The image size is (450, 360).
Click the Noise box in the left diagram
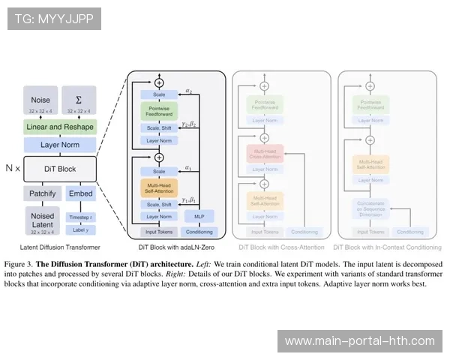coord(41,103)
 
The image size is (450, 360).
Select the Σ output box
coord(79,103)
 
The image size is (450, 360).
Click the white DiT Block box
coord(60,168)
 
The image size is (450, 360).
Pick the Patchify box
coord(41,193)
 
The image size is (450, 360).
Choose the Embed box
coord(81,193)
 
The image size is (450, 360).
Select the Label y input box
coord(80,229)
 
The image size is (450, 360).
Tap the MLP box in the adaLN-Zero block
coord(198,216)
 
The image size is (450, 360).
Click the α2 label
coord(189,91)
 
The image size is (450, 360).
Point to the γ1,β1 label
coord(188,200)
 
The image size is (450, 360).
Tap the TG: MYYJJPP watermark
coord(53,18)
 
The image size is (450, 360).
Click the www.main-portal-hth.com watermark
coord(360,341)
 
